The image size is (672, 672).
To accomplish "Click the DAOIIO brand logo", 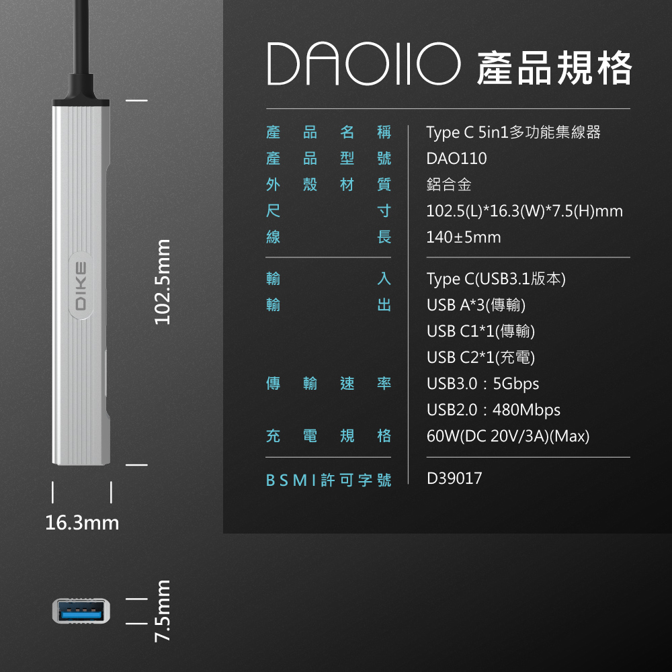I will point(364,65).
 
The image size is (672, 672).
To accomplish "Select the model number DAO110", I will point(456,159).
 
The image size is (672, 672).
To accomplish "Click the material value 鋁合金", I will point(449,185).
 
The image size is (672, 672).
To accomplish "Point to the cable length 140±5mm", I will point(464,237).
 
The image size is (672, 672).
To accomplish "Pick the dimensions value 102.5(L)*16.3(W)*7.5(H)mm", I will point(524,212).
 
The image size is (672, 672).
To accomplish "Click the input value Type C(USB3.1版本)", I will point(496,278).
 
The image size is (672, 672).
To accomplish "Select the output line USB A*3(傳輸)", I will point(476,305).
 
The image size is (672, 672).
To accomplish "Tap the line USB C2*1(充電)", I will point(481,357).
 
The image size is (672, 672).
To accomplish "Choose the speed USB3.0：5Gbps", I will point(482,384).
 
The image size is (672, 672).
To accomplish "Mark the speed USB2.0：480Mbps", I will point(493,410).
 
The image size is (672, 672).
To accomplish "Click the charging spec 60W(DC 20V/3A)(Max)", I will point(508,437).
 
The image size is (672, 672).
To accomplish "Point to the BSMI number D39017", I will point(454,478).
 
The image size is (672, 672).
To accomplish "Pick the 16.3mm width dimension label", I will point(82,522).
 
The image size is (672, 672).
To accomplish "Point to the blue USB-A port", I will point(81,611).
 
